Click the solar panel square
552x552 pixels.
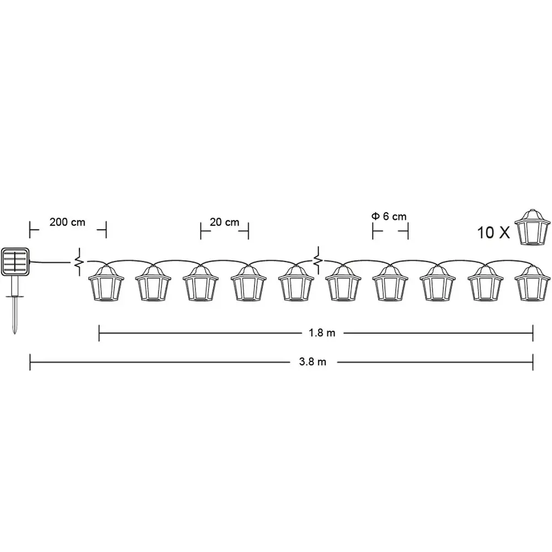click(15, 262)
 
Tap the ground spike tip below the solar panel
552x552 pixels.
click(14, 333)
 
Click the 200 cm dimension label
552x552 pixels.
click(67, 222)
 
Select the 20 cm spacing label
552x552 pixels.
click(224, 222)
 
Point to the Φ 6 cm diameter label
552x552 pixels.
click(389, 216)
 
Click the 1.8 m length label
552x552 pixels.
click(322, 333)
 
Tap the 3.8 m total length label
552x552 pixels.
click(312, 362)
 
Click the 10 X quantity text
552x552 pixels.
click(493, 233)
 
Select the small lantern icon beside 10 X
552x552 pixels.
click(532, 227)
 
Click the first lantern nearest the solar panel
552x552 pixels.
click(105, 283)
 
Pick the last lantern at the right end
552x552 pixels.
click(532, 283)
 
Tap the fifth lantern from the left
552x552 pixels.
click(296, 283)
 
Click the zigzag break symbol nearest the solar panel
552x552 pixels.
click(79, 262)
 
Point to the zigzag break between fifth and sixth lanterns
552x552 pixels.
click(318, 261)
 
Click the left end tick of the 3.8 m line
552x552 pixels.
click(30, 362)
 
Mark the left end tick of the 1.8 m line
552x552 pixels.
click(99, 333)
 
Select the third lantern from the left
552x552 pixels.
click(201, 283)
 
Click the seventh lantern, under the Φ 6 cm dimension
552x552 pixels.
click(390, 283)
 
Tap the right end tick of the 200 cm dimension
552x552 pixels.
click(106, 230)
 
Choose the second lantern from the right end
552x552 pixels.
click(485, 283)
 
